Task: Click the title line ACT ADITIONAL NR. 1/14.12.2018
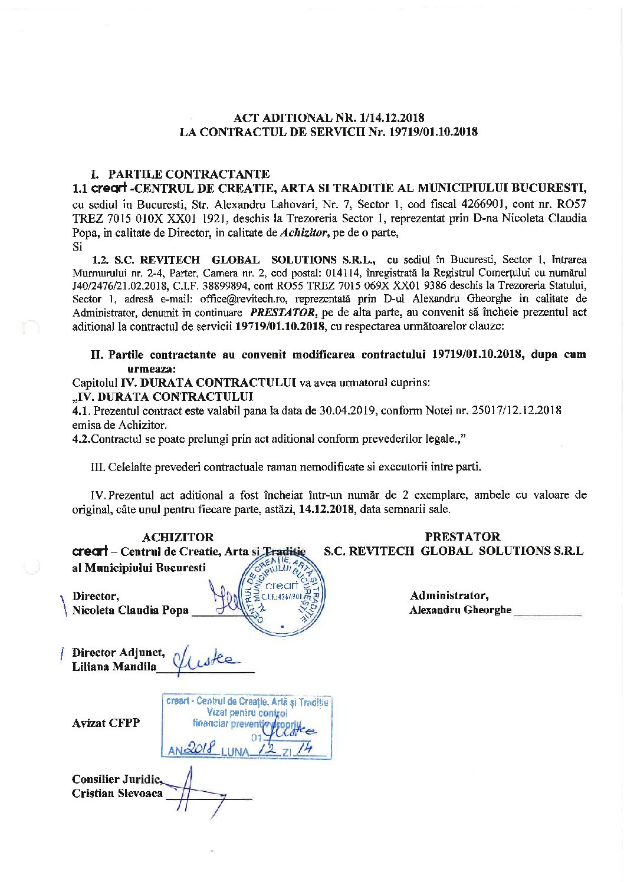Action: pyautogui.click(x=329, y=118)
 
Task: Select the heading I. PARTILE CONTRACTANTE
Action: pyautogui.click(x=180, y=174)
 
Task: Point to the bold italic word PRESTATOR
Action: pyautogui.click(x=284, y=312)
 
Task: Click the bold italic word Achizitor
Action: pyautogui.click(x=302, y=232)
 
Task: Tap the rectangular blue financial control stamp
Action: pyautogui.click(x=247, y=726)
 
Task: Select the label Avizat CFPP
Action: pyautogui.click(x=106, y=723)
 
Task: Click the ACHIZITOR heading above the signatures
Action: pyautogui.click(x=178, y=537)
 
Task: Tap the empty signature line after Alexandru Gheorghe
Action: pyautogui.click(x=547, y=613)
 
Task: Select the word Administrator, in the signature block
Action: pyautogui.click(x=449, y=595)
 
